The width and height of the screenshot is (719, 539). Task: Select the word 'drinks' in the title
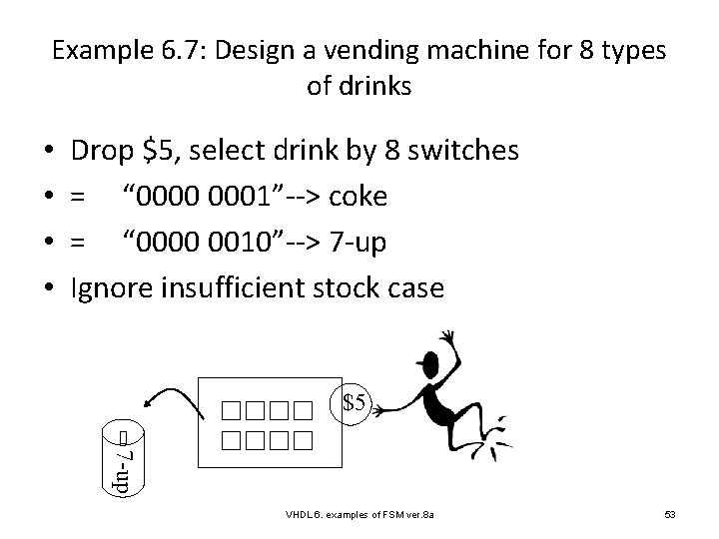pos(374,86)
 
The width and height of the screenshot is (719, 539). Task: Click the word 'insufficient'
pos(242,288)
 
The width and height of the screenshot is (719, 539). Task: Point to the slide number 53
pos(670,513)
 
